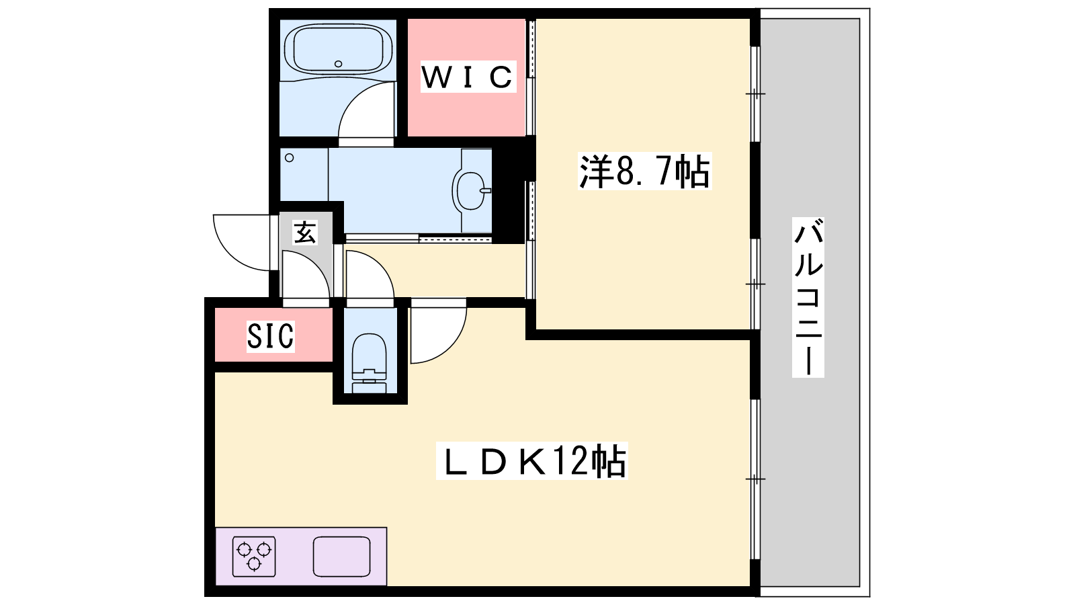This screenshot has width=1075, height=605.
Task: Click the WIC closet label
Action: [468, 77]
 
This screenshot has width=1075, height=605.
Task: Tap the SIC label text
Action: [270, 335]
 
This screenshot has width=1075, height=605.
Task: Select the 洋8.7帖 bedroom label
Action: [644, 171]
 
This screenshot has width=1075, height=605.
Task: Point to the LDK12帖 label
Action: [531, 461]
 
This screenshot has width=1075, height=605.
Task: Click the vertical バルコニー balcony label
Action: [808, 296]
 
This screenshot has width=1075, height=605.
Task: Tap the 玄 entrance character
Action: [305, 233]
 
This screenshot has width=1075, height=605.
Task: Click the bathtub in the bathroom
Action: [339, 49]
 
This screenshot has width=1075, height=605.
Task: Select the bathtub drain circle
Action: [339, 64]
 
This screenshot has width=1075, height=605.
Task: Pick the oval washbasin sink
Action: [470, 191]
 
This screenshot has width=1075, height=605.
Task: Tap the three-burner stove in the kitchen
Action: [254, 557]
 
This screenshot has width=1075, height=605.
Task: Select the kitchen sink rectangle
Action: [342, 557]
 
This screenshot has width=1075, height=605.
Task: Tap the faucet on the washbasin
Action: [486, 191]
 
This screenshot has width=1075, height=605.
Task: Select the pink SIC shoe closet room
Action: [273, 335]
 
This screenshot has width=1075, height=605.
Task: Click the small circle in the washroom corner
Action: [290, 157]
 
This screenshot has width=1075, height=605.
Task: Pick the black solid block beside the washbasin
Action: [509, 194]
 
